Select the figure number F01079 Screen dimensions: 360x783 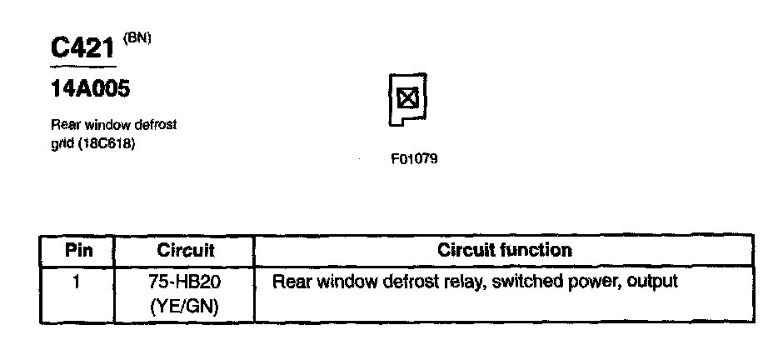point(414,157)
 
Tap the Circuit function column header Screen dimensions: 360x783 point(505,250)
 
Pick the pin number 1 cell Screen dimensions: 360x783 point(76,282)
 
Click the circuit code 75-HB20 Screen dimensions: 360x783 point(184,282)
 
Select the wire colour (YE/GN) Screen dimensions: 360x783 point(184,306)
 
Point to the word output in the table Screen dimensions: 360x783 point(652,282)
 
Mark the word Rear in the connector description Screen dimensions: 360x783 point(65,125)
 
